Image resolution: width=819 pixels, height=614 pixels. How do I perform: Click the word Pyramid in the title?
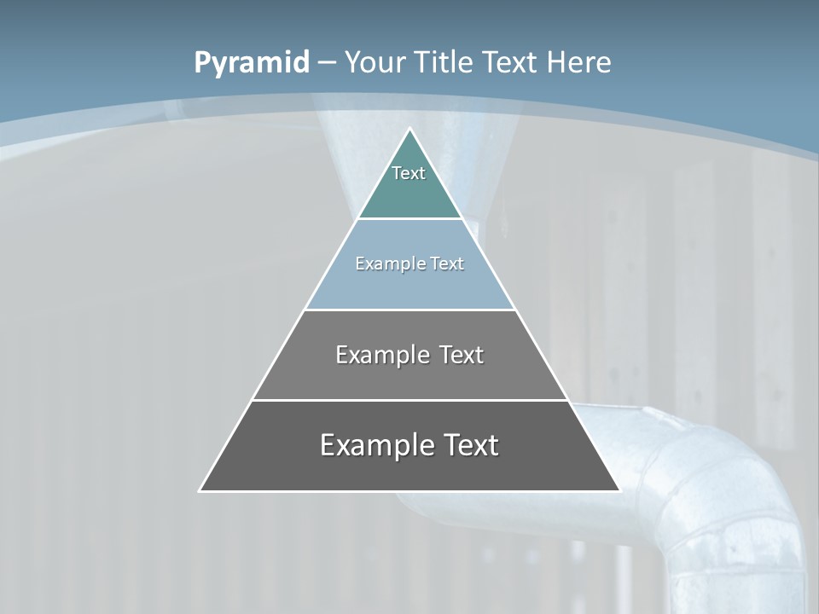tap(251, 63)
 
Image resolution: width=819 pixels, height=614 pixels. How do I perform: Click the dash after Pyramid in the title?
tap(327, 63)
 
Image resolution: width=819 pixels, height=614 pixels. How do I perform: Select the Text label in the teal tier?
tap(409, 173)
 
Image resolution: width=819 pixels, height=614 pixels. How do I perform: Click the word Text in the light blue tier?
tap(447, 264)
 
